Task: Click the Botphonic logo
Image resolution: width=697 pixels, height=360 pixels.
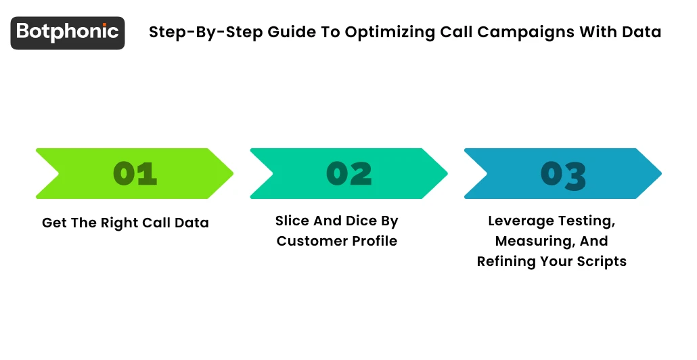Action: (68, 32)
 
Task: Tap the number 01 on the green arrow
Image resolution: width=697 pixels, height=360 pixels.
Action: (135, 174)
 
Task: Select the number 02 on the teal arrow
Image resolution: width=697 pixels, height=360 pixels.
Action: (349, 174)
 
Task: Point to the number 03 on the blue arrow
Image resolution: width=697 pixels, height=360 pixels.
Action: (563, 175)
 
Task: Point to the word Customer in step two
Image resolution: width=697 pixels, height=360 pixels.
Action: (307, 241)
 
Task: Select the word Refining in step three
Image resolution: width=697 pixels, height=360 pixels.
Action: (508, 261)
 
